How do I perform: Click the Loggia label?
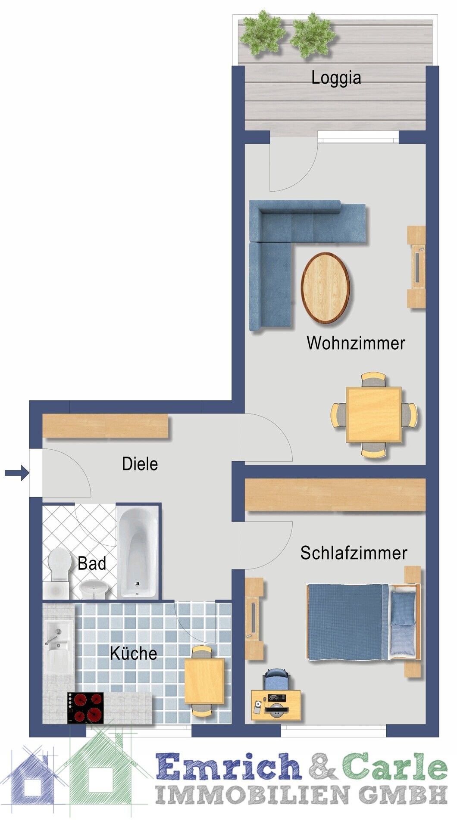click(x=336, y=78)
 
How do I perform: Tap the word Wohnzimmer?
click(x=356, y=343)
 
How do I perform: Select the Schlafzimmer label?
click(x=354, y=553)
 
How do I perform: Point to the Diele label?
click(x=140, y=464)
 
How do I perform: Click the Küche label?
click(x=133, y=653)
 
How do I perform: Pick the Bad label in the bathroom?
click(x=92, y=563)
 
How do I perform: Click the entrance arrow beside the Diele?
click(x=17, y=473)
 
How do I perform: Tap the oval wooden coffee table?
click(x=326, y=288)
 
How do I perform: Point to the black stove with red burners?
click(x=85, y=708)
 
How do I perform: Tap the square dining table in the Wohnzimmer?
click(x=374, y=414)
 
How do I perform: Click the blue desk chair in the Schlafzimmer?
click(x=276, y=679)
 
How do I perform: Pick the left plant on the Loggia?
click(x=263, y=34)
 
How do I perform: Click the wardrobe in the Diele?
click(x=105, y=426)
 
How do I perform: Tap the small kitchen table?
click(x=204, y=681)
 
